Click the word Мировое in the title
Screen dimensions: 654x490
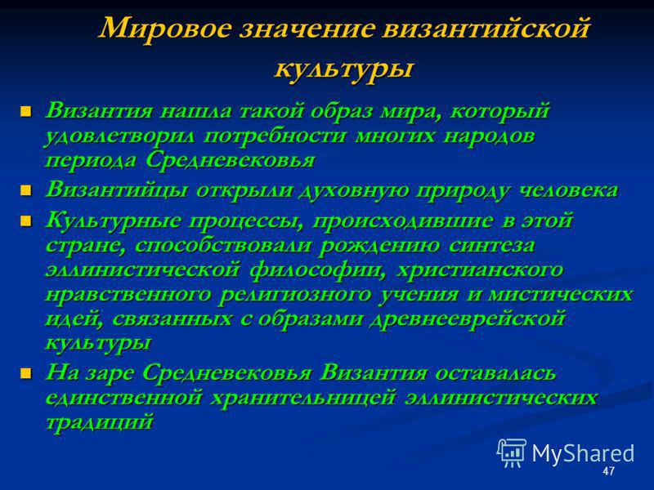[x=165, y=29]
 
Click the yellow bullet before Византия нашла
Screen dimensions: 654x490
[x=26, y=112]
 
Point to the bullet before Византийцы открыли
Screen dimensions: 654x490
[x=26, y=190]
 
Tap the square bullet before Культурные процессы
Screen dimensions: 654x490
[x=26, y=220]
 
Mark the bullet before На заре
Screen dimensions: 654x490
[x=26, y=372]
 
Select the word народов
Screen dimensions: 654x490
[x=489, y=136]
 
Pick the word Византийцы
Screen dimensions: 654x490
[x=117, y=190]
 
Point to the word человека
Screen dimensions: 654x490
[x=568, y=190]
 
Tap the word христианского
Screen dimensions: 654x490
[x=480, y=271]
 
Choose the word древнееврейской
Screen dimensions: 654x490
[x=468, y=319]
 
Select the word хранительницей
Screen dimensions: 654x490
[x=302, y=398]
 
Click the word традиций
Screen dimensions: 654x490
[x=100, y=422]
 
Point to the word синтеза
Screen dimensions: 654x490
[x=491, y=246]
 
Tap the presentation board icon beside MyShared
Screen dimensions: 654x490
[x=512, y=453]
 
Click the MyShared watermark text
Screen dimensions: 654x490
[x=583, y=453]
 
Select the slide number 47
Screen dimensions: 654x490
[x=608, y=471]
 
